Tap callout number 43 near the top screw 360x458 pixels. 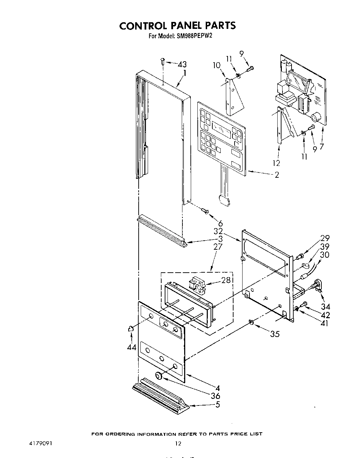pos(182,64)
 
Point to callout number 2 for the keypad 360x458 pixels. pos(277,175)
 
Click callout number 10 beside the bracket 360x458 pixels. pos(216,65)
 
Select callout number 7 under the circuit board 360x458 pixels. pos(322,147)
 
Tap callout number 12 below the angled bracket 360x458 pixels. pos(276,163)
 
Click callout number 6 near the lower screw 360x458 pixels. pos(220,224)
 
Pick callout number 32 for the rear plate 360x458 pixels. pos(218,231)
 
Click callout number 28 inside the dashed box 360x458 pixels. pos(226,280)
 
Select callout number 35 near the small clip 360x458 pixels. pos(275,334)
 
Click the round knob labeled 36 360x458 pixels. pos(159,376)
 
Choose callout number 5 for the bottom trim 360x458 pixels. pos(218,404)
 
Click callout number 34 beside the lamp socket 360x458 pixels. pos(326,307)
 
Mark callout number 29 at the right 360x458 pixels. pos(325,238)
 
